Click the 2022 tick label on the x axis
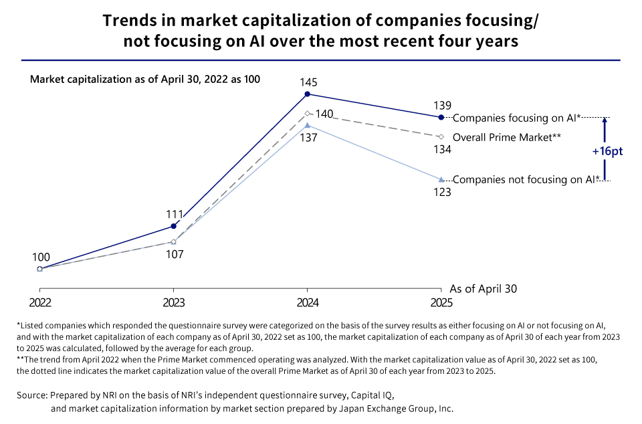[39, 302]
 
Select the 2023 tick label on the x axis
[174, 302]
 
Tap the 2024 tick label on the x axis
[307, 302]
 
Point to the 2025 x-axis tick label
[440, 302]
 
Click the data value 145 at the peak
[308, 83]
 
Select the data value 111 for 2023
[175, 214]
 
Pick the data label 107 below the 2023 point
[175, 254]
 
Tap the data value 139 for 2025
[442, 105]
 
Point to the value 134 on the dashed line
[442, 149]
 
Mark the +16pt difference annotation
[607, 151]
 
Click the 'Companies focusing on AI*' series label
[516, 118]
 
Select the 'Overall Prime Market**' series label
[506, 137]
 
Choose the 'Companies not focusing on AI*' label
[524, 179]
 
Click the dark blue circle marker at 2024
[307, 95]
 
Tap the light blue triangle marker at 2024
[307, 125]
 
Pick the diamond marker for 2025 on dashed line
[440, 136]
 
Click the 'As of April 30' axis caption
[484, 289]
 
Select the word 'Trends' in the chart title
[127, 21]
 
